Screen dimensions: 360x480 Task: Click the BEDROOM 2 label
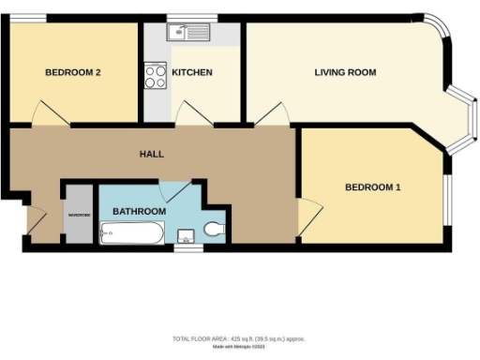(x=73, y=72)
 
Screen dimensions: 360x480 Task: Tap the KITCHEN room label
(x=191, y=72)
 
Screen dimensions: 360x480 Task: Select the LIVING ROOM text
(x=345, y=72)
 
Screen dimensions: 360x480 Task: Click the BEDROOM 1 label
(x=373, y=187)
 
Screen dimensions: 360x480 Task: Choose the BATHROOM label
(x=139, y=212)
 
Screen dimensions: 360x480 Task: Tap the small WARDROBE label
(x=78, y=215)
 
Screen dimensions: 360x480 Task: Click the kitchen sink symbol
(x=190, y=34)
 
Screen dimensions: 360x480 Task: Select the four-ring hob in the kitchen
(x=156, y=76)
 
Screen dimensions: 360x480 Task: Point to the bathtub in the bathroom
(x=131, y=232)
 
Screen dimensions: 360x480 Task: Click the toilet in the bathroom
(x=214, y=230)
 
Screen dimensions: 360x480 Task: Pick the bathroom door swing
(x=174, y=189)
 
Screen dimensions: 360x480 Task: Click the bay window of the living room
(x=465, y=120)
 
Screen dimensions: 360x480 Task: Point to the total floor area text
(x=239, y=338)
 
